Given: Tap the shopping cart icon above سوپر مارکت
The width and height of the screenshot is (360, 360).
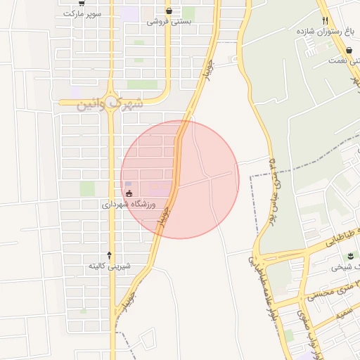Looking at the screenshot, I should [82, 3].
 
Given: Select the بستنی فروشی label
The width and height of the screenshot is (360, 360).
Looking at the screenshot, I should [169, 22].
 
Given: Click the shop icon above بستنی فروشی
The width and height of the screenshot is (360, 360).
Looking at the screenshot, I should [169, 11].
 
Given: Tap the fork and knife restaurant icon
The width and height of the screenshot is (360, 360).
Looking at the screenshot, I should [324, 20].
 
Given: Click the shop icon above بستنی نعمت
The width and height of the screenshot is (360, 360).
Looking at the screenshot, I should [349, 49].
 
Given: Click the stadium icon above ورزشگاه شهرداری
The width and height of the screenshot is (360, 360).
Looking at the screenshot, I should [128, 193].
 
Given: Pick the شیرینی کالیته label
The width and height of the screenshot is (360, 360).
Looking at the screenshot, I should [109, 266].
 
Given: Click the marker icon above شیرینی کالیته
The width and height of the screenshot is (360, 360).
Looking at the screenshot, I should [109, 255].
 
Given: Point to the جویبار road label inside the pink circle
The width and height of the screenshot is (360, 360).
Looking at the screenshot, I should [165, 214].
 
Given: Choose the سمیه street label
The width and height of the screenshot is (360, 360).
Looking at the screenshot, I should [344, 316].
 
